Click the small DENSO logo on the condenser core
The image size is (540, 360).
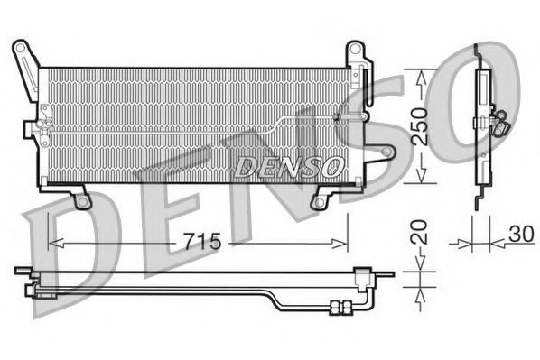point(288,166)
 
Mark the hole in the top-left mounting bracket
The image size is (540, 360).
point(20,46)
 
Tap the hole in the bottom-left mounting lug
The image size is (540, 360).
point(83,201)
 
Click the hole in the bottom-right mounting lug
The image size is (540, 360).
point(318,200)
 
